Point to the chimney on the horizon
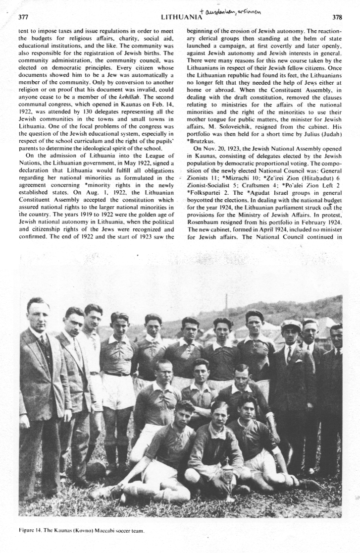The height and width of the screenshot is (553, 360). [226, 302]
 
